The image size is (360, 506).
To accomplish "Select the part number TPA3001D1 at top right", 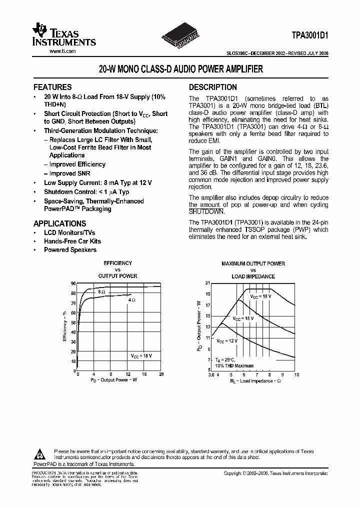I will [309, 36].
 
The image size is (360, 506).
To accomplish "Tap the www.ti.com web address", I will [62, 51].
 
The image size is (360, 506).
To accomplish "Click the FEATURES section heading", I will [52, 87].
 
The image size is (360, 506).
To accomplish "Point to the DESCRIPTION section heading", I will [213, 87].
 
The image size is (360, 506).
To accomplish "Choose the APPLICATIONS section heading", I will [59, 223].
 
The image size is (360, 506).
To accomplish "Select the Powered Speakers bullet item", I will [70, 249].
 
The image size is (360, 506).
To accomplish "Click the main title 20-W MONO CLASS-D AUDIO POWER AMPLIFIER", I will [180, 70].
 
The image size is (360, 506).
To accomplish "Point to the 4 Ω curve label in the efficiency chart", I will [131, 299].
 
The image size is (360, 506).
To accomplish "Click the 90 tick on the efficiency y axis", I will [73, 283].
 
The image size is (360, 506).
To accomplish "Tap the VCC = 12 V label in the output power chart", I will [226, 340].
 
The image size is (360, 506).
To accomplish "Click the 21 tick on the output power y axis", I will [207, 283].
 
